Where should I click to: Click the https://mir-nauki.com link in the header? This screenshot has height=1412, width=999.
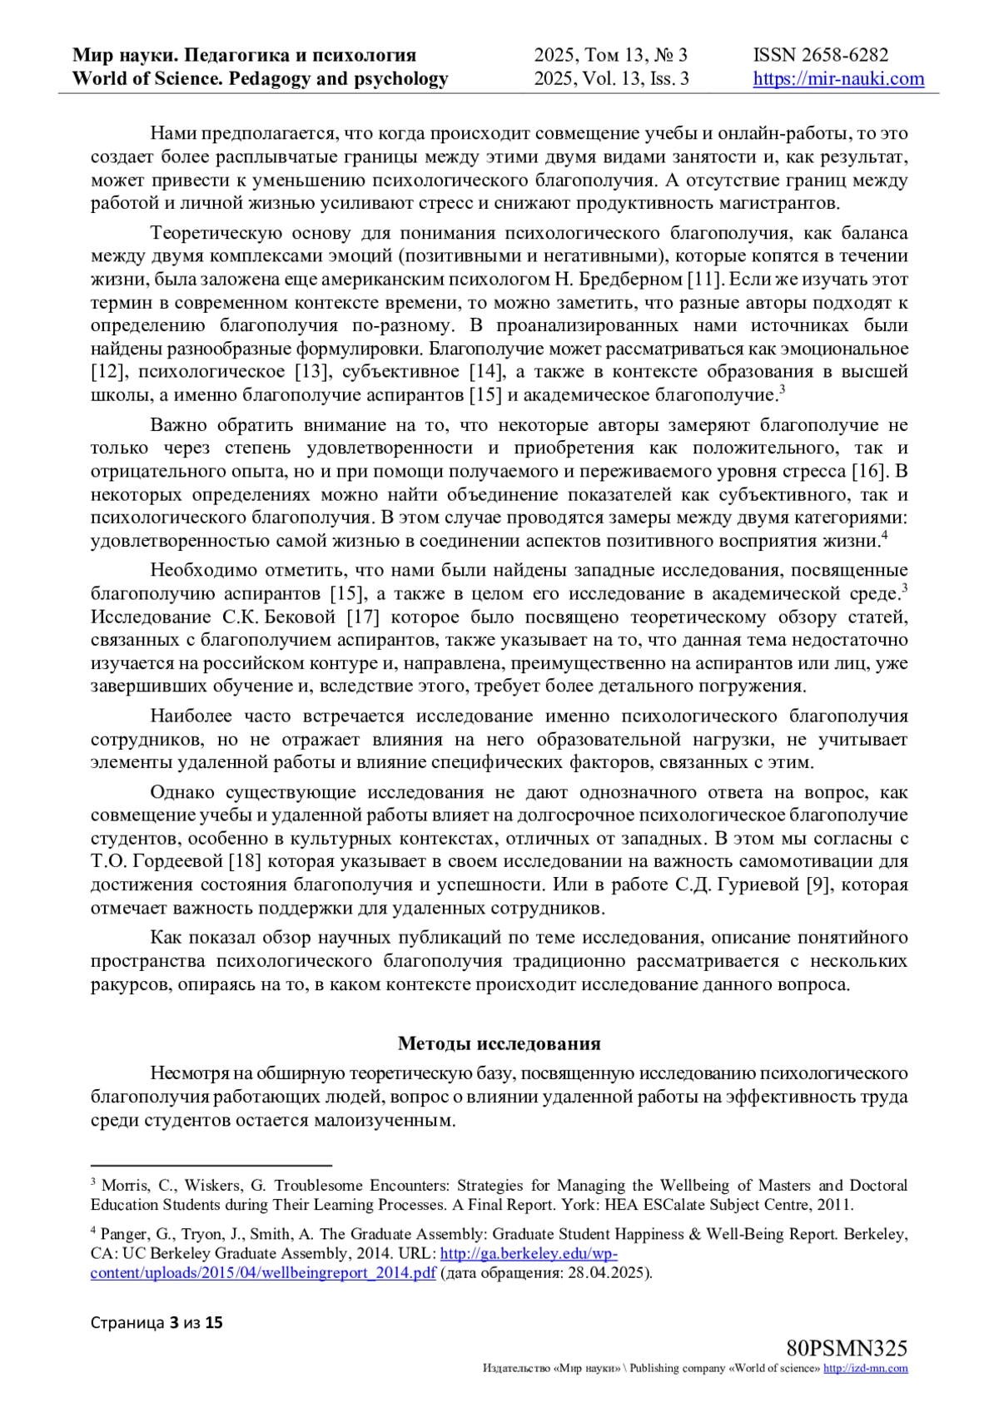pos(838,79)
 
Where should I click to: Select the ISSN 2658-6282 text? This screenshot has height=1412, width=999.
pos(821,55)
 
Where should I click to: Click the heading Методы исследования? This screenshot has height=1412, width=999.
pos(499,1043)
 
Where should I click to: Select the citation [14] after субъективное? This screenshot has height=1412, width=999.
pos(485,371)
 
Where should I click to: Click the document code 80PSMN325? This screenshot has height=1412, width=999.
pos(846,1349)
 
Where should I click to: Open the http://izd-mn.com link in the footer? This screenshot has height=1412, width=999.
pos(865,1369)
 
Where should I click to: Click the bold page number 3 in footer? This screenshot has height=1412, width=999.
pos(173,1322)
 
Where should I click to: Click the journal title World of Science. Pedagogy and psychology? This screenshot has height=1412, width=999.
pos(260,79)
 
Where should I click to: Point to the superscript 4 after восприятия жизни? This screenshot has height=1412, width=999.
pos(884,536)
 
